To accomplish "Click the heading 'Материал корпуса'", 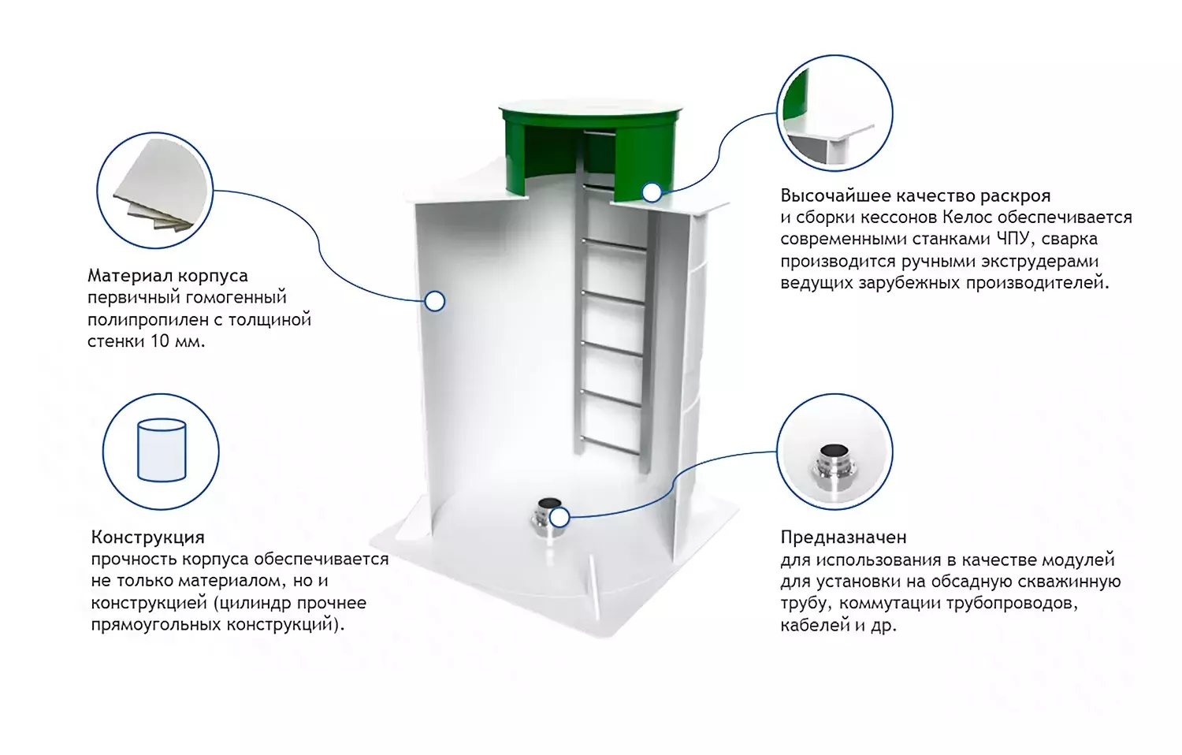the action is coord(167,276).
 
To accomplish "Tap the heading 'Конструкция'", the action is coord(147,537).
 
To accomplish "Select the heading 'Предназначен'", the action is coord(843,537).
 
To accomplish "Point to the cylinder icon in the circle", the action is coord(162,450).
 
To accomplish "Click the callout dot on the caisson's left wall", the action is coord(434,301).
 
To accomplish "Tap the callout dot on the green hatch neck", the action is coord(652,192).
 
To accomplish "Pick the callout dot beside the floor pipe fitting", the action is coord(559,518).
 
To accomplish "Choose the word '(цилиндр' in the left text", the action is coord(251,603).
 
